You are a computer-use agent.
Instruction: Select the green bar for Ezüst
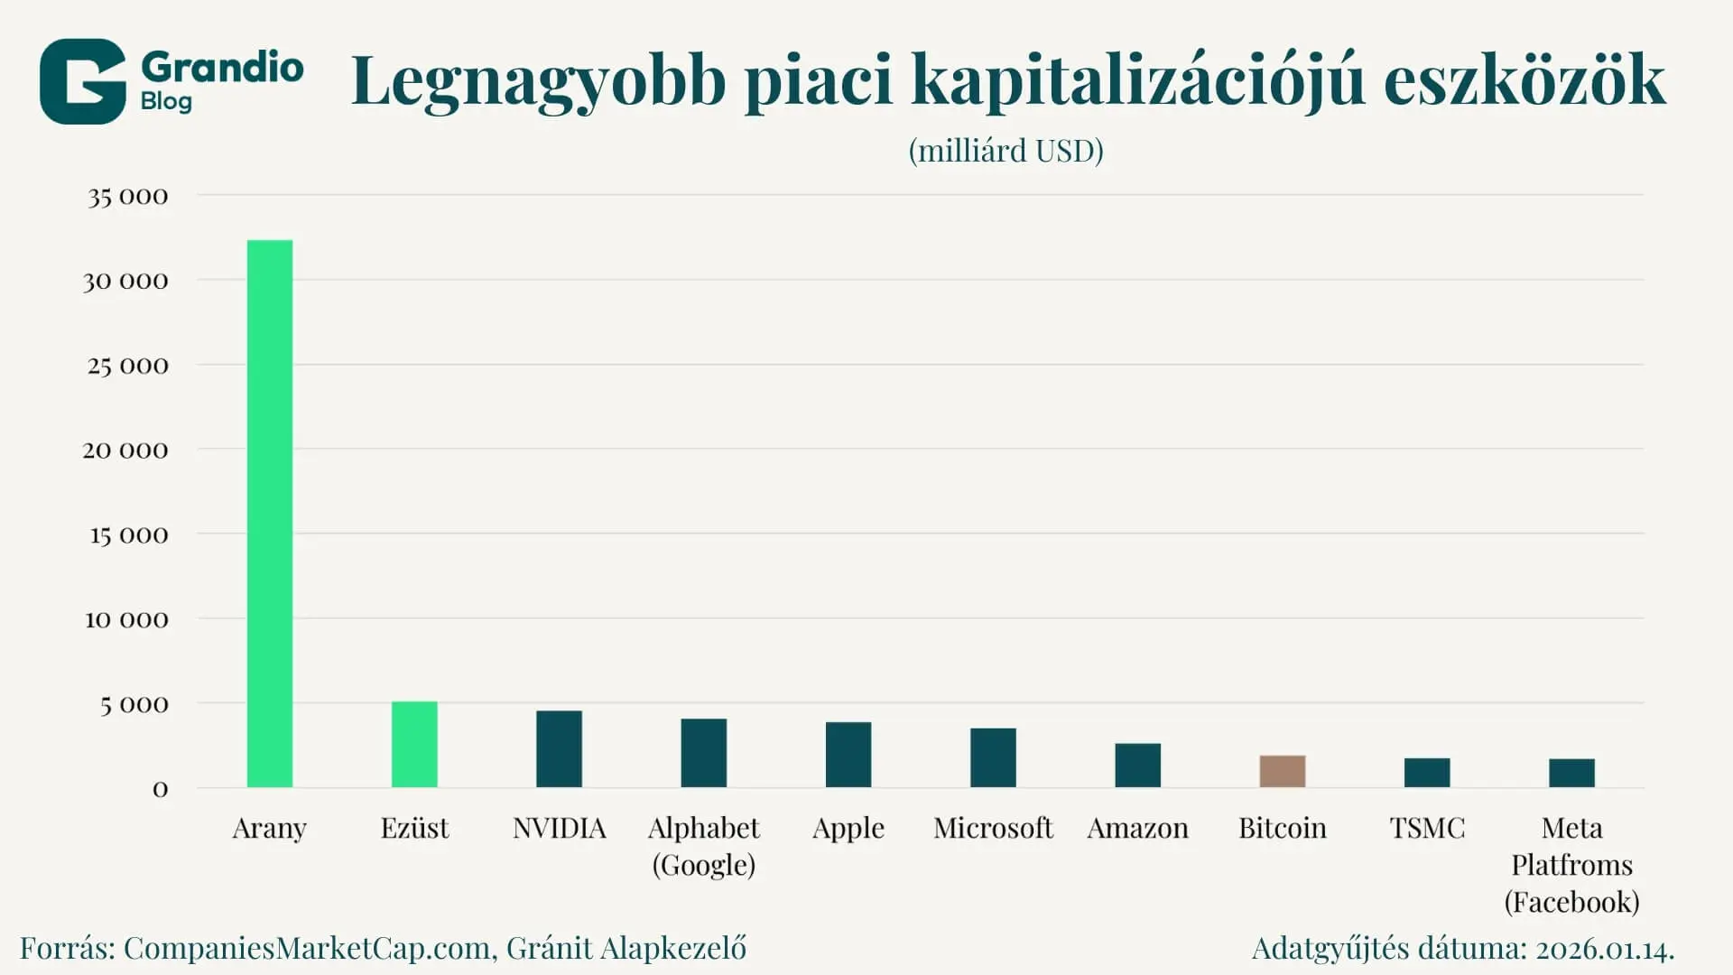[x=414, y=745]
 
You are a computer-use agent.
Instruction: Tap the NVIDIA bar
[x=559, y=749]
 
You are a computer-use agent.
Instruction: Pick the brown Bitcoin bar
[x=1282, y=772]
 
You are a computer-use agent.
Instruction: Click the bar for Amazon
[x=1137, y=766]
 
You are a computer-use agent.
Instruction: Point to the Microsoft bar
[x=993, y=758]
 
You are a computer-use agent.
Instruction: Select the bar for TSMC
[x=1427, y=773]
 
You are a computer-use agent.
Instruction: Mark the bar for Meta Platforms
[x=1571, y=774]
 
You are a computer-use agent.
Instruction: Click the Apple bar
[x=848, y=755]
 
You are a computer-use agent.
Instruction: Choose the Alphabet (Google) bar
[x=703, y=753]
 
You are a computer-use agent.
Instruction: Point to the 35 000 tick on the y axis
[x=127, y=197]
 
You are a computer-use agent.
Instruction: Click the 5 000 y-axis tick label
[x=134, y=704]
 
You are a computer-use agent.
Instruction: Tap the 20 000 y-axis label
[x=125, y=450]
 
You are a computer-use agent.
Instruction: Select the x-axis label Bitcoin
[x=1282, y=828]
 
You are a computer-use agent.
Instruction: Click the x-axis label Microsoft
[x=993, y=828]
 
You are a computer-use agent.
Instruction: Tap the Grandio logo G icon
[x=82, y=81]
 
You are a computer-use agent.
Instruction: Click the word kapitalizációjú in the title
[x=1137, y=81]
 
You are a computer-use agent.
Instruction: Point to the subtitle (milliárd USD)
[x=1006, y=151]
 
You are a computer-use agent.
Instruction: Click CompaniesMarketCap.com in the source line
[x=307, y=948]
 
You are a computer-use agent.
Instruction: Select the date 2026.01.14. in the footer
[x=1605, y=948]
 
